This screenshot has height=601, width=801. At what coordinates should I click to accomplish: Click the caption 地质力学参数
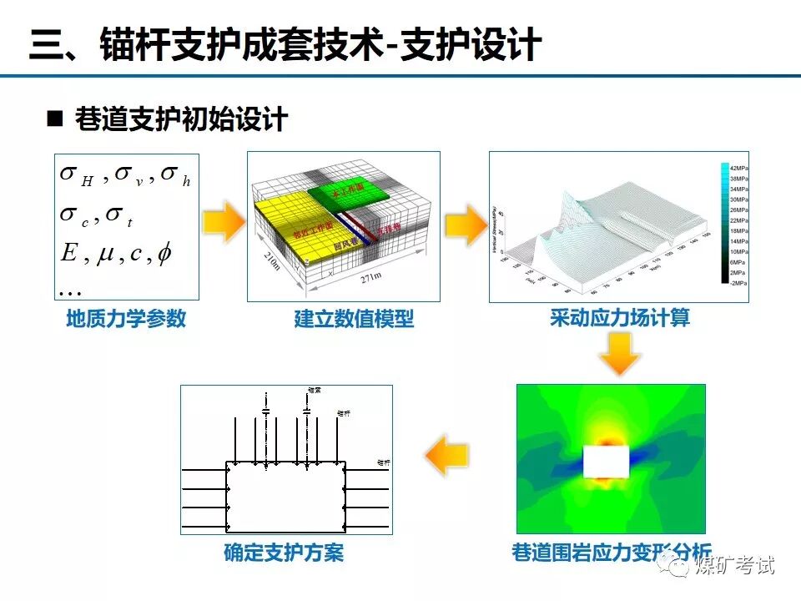point(126,318)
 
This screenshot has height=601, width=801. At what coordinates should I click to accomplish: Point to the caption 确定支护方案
point(284,553)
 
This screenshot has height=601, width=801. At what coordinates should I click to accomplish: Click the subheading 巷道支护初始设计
point(181,120)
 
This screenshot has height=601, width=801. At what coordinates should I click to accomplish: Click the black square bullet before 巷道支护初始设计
point(55,119)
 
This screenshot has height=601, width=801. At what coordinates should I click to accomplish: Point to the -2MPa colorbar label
point(738,284)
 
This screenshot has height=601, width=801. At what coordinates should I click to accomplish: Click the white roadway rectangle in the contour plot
point(607,461)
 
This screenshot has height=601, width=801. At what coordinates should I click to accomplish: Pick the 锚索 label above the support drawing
point(314,390)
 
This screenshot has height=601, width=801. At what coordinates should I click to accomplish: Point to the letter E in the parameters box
point(69,252)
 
